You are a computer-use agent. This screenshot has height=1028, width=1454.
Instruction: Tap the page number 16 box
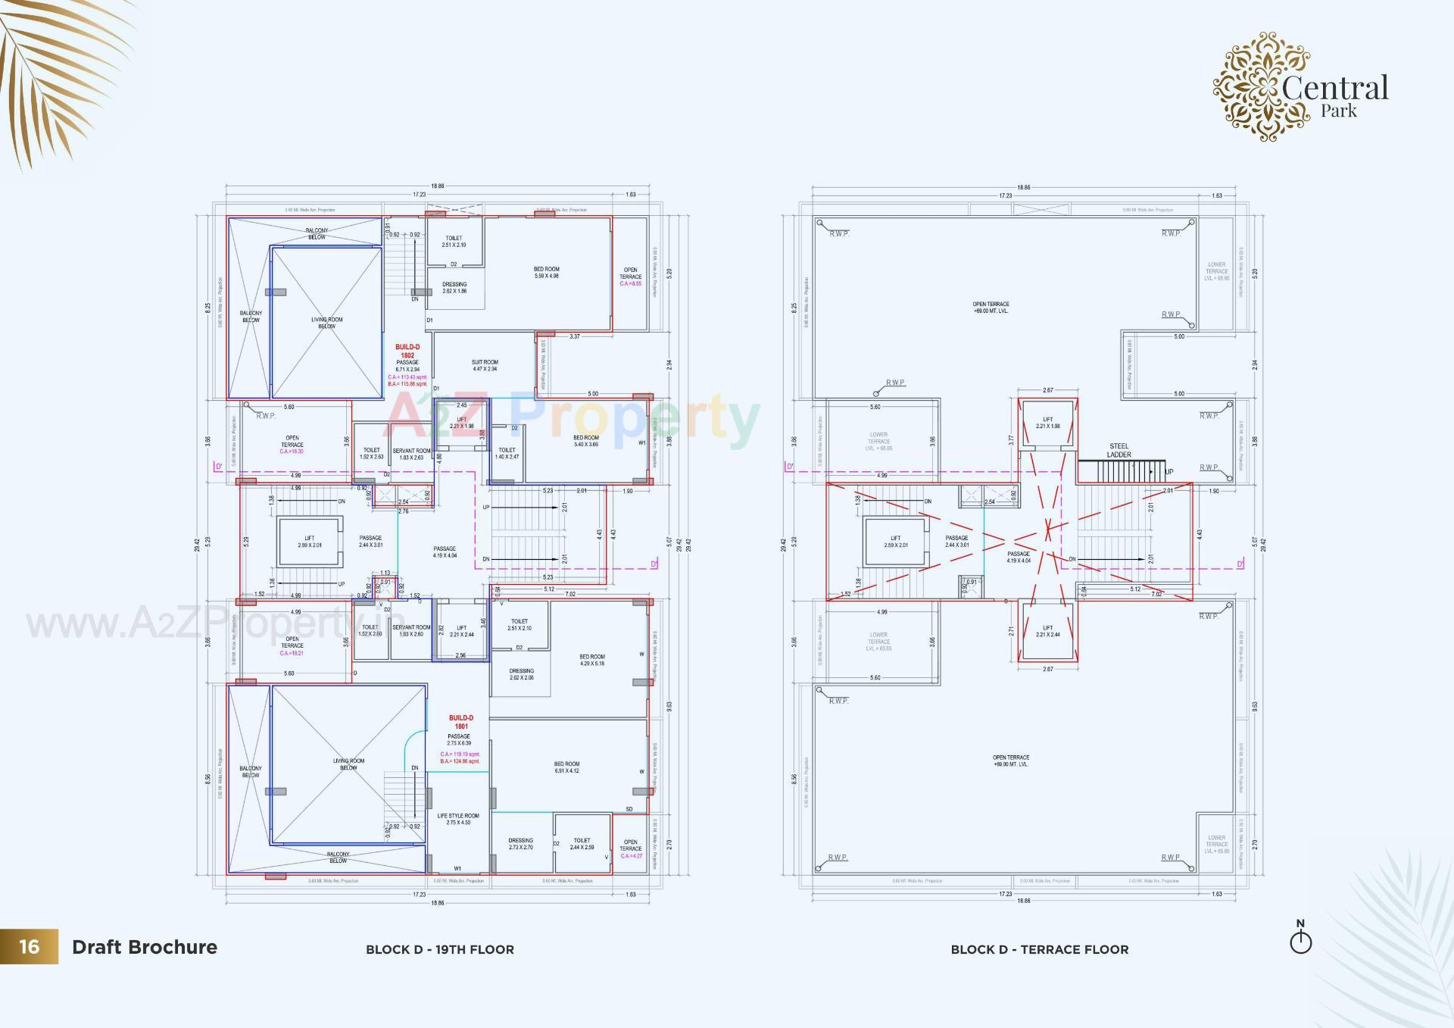pos(29,946)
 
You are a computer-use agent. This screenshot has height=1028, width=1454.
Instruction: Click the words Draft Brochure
pos(145,947)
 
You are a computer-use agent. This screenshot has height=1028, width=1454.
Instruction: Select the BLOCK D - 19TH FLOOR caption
pos(439,949)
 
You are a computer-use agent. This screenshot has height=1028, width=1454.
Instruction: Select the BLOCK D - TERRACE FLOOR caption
pos(1039,949)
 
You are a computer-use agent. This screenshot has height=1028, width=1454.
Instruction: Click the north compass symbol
pos(1300,939)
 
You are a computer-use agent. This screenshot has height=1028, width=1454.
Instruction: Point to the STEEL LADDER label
pos(1119,450)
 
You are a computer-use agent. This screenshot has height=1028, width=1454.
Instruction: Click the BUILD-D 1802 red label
pos(407,351)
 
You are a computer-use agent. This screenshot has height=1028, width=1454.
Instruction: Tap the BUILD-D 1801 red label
pos(460,722)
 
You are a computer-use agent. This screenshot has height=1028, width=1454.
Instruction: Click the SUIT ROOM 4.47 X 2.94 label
pos(485,365)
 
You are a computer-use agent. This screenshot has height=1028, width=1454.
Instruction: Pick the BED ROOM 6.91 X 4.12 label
pos(566,767)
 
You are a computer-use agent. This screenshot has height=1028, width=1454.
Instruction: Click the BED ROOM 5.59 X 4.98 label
pos(546,272)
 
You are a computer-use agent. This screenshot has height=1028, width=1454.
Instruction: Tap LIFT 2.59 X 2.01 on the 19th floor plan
pos(309,541)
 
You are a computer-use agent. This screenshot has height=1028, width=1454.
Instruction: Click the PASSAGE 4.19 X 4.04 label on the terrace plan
pos(1018,557)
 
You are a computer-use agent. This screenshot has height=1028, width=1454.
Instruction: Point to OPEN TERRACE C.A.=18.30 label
pos(292,444)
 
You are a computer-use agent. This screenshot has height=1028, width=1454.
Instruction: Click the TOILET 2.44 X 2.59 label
pos(582,843)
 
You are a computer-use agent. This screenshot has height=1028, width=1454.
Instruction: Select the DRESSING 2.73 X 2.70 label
pos(521,843)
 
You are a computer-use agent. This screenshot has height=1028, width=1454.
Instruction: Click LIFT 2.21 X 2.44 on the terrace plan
pos(1047,630)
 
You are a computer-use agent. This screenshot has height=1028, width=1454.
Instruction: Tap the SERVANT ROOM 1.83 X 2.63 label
pos(411,454)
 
